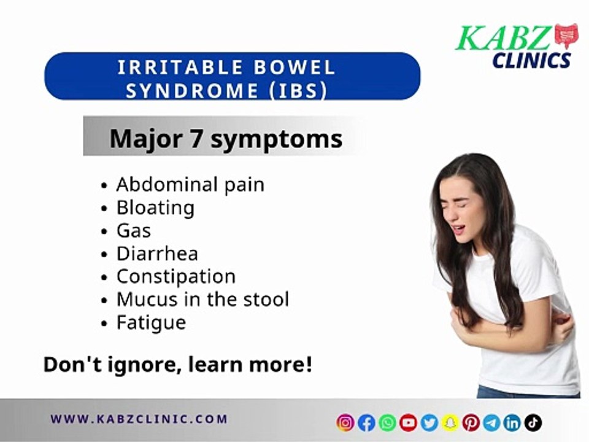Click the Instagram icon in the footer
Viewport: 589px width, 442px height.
345,422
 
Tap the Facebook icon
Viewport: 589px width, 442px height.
366,422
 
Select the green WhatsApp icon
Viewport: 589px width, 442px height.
387,422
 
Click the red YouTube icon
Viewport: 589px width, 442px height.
408,422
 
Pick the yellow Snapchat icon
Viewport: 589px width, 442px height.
450,422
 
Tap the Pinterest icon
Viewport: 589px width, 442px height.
471,422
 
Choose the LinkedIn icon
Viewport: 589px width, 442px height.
512,422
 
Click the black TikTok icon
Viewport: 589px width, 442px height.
533,422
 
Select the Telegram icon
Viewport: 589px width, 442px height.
491,422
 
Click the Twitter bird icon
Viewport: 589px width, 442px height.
429,422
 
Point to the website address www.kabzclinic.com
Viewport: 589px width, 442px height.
139,420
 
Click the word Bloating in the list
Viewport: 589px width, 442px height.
155,207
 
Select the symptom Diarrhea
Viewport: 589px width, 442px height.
157,254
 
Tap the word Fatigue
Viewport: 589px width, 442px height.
151,322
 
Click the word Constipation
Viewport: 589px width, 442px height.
176,276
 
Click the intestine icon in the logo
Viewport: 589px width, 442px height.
566,36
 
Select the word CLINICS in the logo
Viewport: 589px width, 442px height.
531,60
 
